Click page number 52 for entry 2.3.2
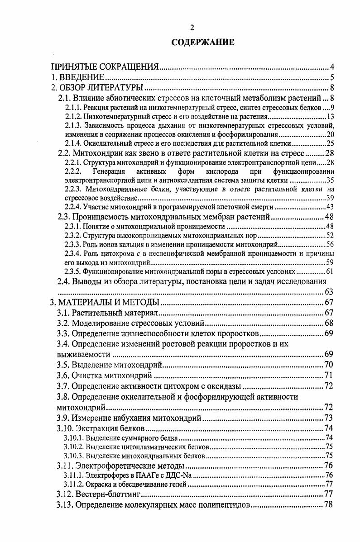330,236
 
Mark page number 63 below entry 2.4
329,292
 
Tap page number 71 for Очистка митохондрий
329,376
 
